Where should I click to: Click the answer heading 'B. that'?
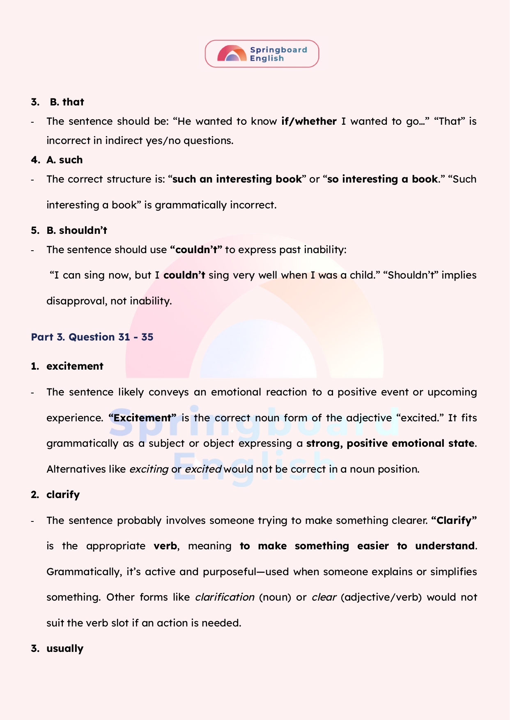click(67, 102)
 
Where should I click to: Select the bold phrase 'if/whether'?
click(309, 121)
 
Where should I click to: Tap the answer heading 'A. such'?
click(64, 160)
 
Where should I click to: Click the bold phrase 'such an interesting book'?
click(237, 179)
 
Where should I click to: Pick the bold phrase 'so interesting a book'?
click(383, 179)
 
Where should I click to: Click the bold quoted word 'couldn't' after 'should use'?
click(196, 250)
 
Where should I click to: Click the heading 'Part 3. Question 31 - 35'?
click(92, 337)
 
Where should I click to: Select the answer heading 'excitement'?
click(75, 366)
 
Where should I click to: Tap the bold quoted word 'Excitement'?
click(142, 418)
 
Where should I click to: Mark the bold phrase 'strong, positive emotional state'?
click(390, 443)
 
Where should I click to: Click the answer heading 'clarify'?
click(63, 495)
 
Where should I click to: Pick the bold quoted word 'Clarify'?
click(454, 521)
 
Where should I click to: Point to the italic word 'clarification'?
click(225, 597)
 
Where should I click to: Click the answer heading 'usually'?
click(65, 649)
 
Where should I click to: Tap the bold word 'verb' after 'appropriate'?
click(165, 546)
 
